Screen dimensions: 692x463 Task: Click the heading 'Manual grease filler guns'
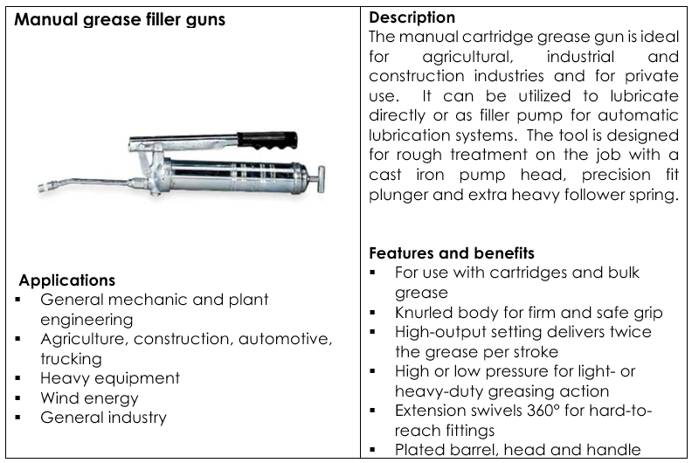120,20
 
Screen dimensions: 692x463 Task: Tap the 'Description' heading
412,17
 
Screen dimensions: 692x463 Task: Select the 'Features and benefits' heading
452,253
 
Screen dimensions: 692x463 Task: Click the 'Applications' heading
67,280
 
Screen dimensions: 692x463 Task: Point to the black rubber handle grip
267,140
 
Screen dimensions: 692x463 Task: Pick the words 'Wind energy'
90,398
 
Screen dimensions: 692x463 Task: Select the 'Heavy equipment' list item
110,378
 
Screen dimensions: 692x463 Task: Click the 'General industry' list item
104,418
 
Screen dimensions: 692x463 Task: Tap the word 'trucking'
71,359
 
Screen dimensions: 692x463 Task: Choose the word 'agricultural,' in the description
467,57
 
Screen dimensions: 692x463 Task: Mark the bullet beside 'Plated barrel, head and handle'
372,450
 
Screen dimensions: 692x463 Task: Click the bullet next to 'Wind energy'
17,398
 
